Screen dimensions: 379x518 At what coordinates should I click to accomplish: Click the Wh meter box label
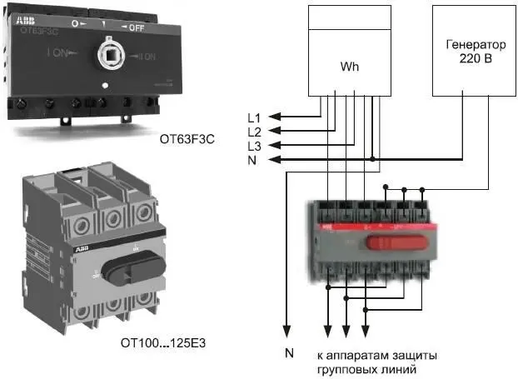tap(349, 65)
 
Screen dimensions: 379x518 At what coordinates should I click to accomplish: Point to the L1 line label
tap(255, 117)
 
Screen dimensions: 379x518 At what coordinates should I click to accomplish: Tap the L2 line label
tap(255, 131)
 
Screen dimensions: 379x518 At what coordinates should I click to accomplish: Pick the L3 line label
tap(255, 145)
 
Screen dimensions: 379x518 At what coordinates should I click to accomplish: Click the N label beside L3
tap(252, 159)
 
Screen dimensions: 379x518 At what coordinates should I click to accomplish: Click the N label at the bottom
tap(289, 354)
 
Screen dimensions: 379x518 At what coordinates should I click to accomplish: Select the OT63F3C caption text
tap(187, 140)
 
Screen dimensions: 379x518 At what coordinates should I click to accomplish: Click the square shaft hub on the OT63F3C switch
tap(108, 57)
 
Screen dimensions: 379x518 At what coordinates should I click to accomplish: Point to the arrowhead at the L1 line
tap(279, 117)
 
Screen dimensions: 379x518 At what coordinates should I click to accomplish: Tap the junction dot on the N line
tap(372, 159)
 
